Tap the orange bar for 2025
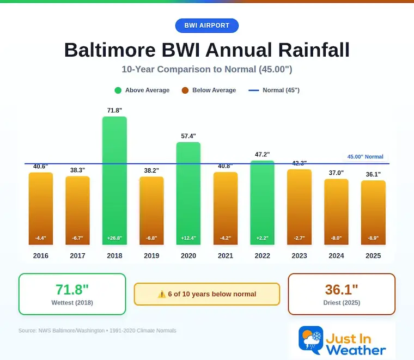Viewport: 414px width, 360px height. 373,212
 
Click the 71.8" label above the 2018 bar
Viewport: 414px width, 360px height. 114,111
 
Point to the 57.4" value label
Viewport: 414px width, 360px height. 188,136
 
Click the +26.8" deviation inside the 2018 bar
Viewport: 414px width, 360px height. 114,238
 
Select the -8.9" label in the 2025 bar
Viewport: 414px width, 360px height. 373,238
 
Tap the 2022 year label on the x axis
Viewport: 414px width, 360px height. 262,255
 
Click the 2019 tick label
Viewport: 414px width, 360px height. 151,255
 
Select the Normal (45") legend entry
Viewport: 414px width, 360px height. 275,90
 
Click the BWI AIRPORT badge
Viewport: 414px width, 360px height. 207,26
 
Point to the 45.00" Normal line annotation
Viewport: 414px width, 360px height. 365,157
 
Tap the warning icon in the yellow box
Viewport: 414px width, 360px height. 161,294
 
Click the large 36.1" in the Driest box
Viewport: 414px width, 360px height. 342,289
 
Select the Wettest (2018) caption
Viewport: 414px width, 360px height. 72,303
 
